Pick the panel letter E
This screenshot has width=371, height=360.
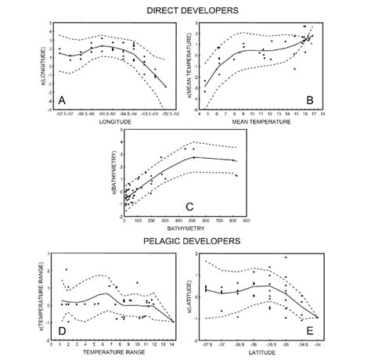[311, 331]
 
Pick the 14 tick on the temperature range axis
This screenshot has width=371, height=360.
[172, 344]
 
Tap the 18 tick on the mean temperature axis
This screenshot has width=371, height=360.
[322, 114]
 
